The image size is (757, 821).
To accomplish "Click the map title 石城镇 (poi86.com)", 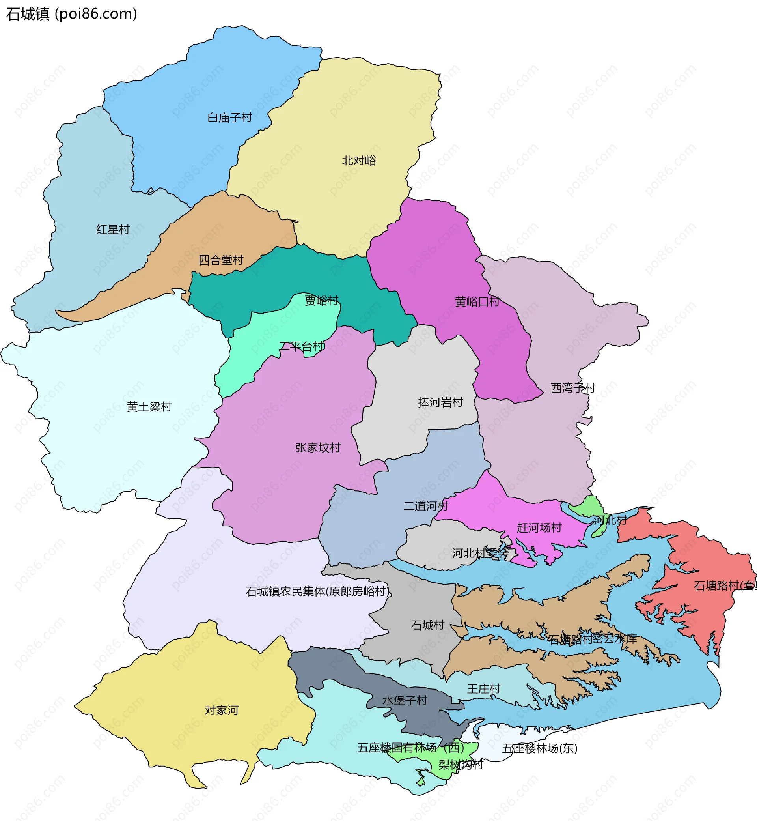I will tap(72, 14).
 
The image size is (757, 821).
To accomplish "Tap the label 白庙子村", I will tap(229, 118).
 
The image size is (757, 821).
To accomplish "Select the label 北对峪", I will tap(359, 161).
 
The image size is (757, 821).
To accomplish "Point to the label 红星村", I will tap(113, 230).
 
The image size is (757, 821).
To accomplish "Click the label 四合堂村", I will tap(221, 260).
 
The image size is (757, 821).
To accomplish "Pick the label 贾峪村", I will tap(322, 301).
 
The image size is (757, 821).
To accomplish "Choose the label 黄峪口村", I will tap(477, 302).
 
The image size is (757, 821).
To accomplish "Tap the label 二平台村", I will tap(302, 347).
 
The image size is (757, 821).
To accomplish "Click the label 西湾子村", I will tap(572, 388).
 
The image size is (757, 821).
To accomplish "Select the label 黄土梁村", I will tap(149, 407).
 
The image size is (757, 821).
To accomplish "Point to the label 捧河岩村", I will tap(440, 402).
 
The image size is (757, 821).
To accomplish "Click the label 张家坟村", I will tap(318, 448).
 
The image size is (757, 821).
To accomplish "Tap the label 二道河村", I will tap(425, 506).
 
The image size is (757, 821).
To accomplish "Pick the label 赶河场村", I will tap(539, 527).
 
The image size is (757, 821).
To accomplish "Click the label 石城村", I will tap(428, 625).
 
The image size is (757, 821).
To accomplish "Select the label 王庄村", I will tap(484, 688).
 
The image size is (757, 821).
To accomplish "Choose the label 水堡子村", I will tap(405, 701).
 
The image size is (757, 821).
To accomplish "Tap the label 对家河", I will tap(221, 710).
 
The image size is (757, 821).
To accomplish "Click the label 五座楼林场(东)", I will tap(539, 748).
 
